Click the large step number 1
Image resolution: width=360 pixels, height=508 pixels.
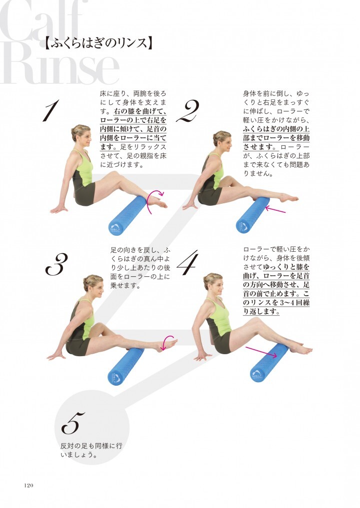51,110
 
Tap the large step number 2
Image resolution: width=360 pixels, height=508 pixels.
188,111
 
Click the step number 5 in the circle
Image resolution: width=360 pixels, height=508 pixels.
73,423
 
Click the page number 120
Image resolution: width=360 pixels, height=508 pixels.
28,485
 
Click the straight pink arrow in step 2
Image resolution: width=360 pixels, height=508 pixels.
275,210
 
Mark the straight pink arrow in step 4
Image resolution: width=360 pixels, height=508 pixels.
261,352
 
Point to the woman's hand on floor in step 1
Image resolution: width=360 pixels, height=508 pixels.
58,209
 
